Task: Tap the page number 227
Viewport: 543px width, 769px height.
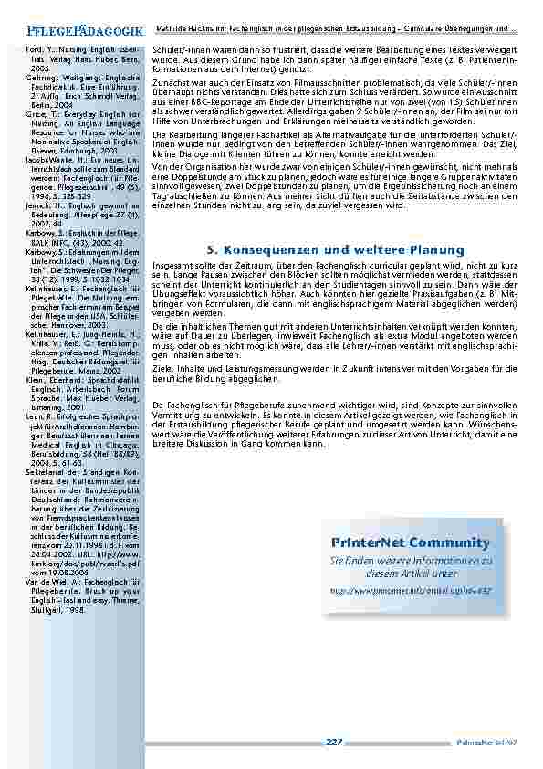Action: coord(333,741)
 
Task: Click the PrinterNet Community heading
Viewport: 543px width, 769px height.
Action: coord(405,543)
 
